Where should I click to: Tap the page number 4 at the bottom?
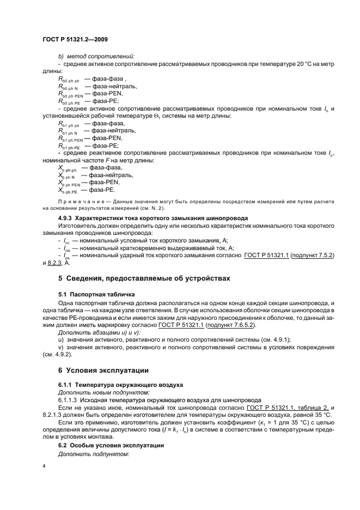point(44,466)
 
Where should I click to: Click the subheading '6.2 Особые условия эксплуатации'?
point(111,446)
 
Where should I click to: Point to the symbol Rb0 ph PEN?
point(70,94)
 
